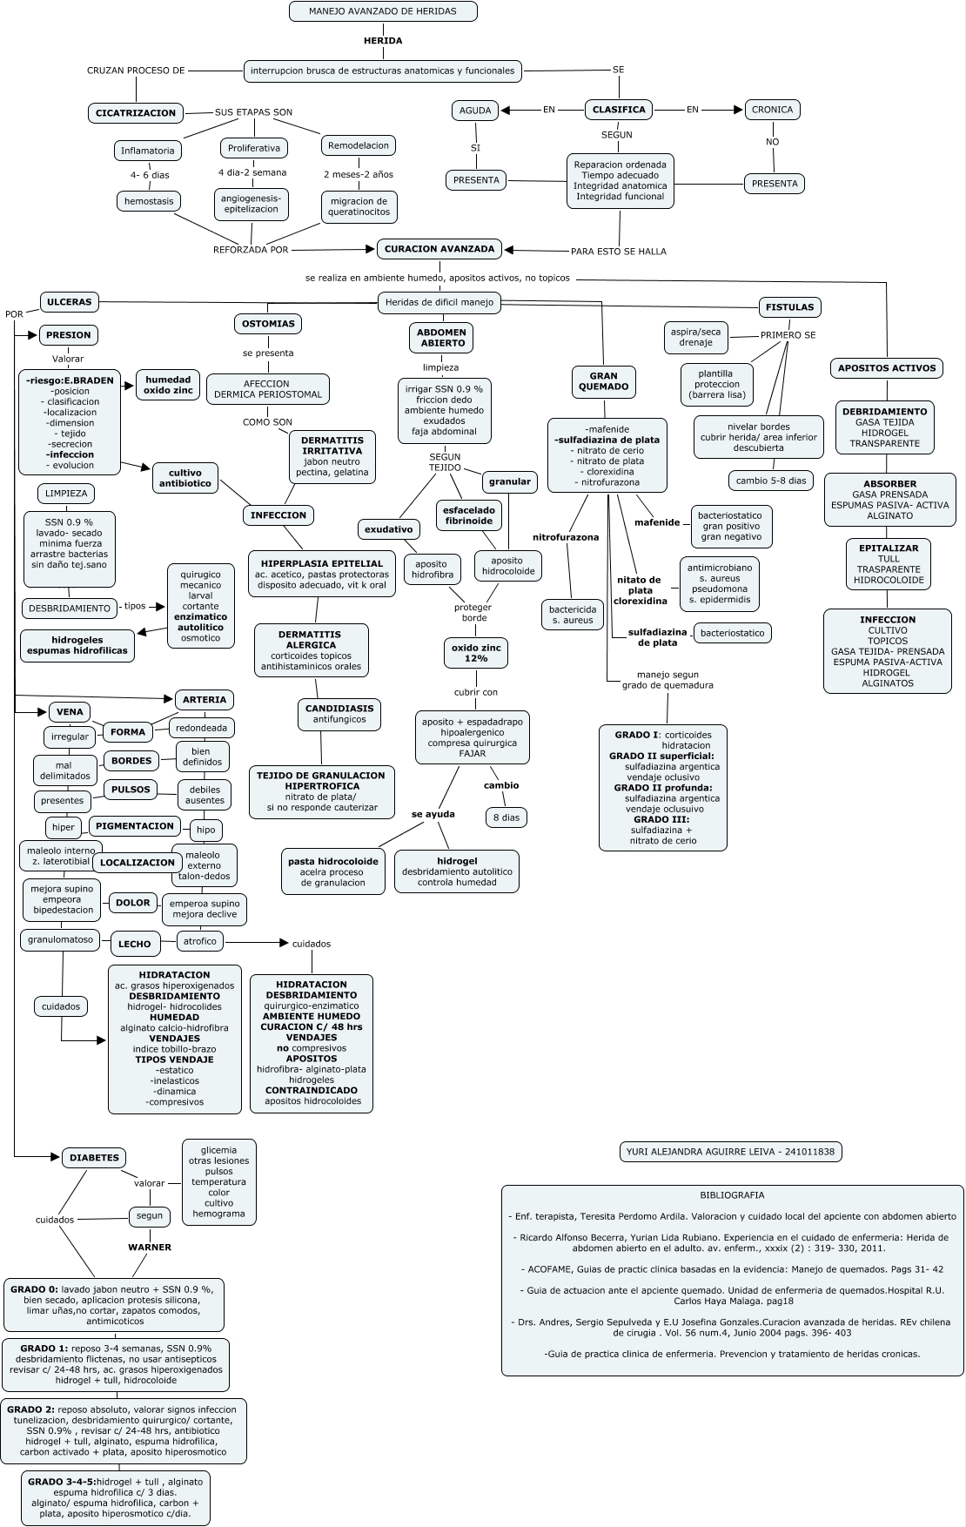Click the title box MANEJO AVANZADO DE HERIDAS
click(383, 11)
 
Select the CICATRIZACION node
click(136, 112)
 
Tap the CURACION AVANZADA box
click(439, 249)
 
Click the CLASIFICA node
click(619, 110)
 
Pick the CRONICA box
click(772, 110)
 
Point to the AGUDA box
click(475, 111)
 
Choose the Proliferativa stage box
click(254, 148)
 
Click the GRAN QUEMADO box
click(603, 381)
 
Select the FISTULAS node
click(790, 307)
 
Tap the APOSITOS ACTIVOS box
click(887, 368)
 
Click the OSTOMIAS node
click(268, 324)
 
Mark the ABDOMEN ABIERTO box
click(441, 338)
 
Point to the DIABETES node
click(94, 1158)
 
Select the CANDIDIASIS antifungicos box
click(339, 714)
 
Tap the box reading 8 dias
click(506, 817)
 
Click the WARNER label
click(150, 1247)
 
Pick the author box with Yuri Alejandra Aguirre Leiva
click(730, 1152)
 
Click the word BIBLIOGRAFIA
click(732, 1195)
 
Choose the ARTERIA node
click(205, 699)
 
